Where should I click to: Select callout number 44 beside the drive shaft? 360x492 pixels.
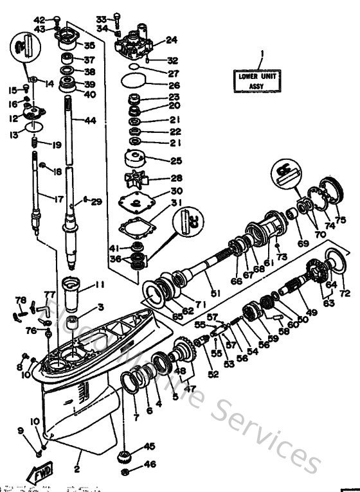point(90,121)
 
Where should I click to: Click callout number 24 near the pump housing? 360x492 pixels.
point(170,40)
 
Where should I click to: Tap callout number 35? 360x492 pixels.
point(89,45)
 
